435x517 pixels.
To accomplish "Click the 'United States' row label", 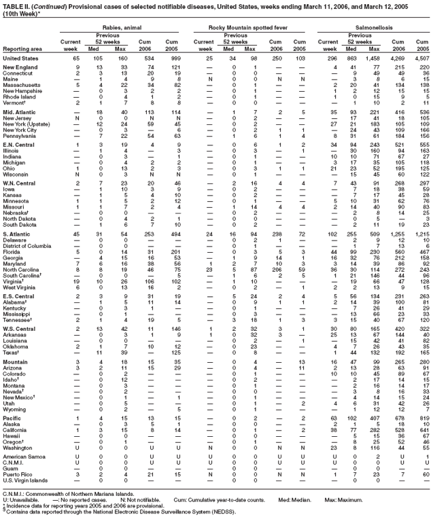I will pos(20,59).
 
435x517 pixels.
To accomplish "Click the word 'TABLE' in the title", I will pos(14,5).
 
